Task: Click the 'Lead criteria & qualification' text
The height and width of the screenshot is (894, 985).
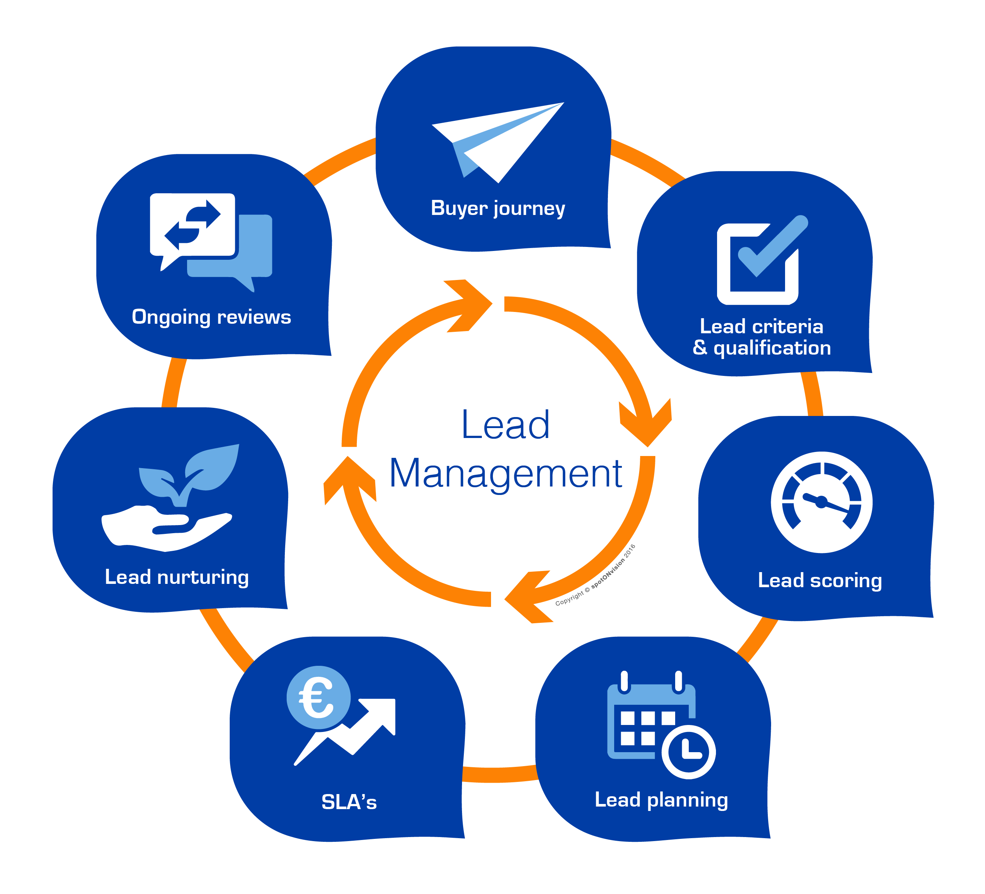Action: coord(761,337)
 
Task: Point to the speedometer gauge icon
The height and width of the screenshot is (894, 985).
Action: coord(821,502)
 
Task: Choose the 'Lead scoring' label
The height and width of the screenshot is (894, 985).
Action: coord(819,580)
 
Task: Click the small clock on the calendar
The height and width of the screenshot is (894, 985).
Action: coord(688,752)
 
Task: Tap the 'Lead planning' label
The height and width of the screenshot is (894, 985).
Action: coord(661,800)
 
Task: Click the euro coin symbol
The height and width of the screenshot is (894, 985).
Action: coord(318,697)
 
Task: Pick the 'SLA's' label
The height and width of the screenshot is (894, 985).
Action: coord(349,802)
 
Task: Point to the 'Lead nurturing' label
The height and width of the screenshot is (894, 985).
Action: coord(177,577)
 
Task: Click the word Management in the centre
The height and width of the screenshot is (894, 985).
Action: coord(505,474)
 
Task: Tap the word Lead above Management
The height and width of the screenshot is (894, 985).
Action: coord(505,425)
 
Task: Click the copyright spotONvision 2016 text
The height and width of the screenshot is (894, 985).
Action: coord(595,575)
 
